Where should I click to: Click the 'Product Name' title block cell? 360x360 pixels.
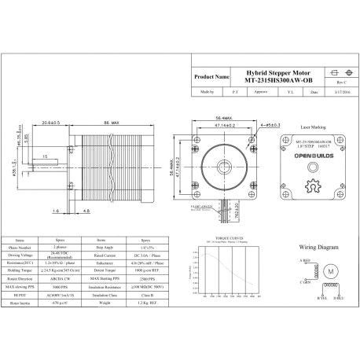211,78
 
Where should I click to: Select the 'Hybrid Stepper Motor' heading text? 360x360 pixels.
270,71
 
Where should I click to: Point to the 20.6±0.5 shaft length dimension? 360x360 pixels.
53,123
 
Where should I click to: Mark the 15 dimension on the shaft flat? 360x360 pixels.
45,156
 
